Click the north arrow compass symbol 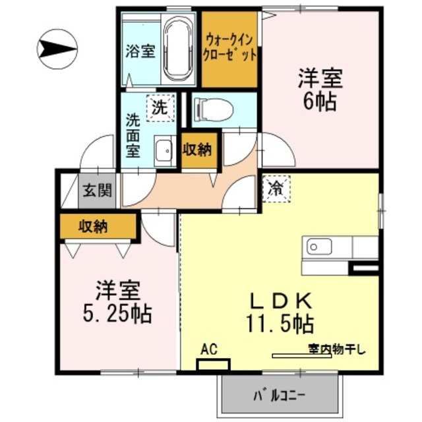[57, 49]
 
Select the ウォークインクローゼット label [229, 48]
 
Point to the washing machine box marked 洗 [160, 108]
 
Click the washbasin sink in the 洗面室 [165, 152]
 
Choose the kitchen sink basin [319, 247]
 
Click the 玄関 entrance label [97, 191]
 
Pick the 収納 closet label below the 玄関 [93, 226]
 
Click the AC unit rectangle [214, 365]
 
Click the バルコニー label [280, 396]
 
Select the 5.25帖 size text [117, 314]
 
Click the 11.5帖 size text [280, 324]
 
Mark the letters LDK [281, 301]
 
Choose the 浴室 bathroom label [140, 51]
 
